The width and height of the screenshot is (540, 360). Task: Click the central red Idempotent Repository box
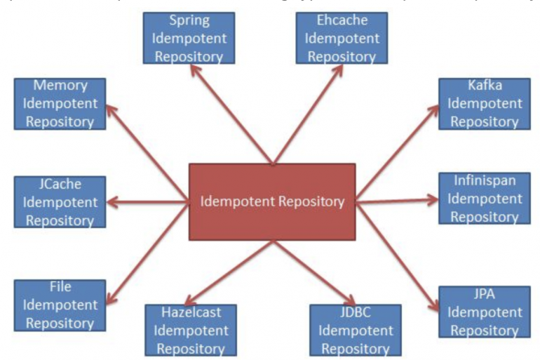pyautogui.click(x=272, y=201)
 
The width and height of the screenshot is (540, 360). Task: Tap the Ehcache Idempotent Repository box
pyautogui.click(x=342, y=37)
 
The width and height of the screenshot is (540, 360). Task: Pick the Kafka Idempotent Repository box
pyautogui.click(x=485, y=103)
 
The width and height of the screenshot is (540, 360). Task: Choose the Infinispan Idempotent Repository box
pyautogui.click(x=485, y=199)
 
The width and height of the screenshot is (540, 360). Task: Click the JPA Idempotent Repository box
pyautogui.click(x=485, y=310)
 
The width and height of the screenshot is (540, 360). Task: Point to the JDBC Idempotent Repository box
pyautogui.click(x=355, y=328)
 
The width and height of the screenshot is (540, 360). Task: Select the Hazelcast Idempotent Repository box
pyautogui.click(x=191, y=328)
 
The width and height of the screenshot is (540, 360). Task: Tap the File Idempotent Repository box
pyautogui.click(x=60, y=305)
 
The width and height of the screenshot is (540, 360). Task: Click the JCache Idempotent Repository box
pyautogui.click(x=60, y=201)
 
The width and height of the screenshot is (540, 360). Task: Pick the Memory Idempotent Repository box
pyautogui.click(x=60, y=103)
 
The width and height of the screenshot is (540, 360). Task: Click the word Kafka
pyautogui.click(x=485, y=86)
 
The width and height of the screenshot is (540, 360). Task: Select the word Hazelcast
pyautogui.click(x=191, y=312)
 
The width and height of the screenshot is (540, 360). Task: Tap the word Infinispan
pyautogui.click(x=485, y=181)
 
